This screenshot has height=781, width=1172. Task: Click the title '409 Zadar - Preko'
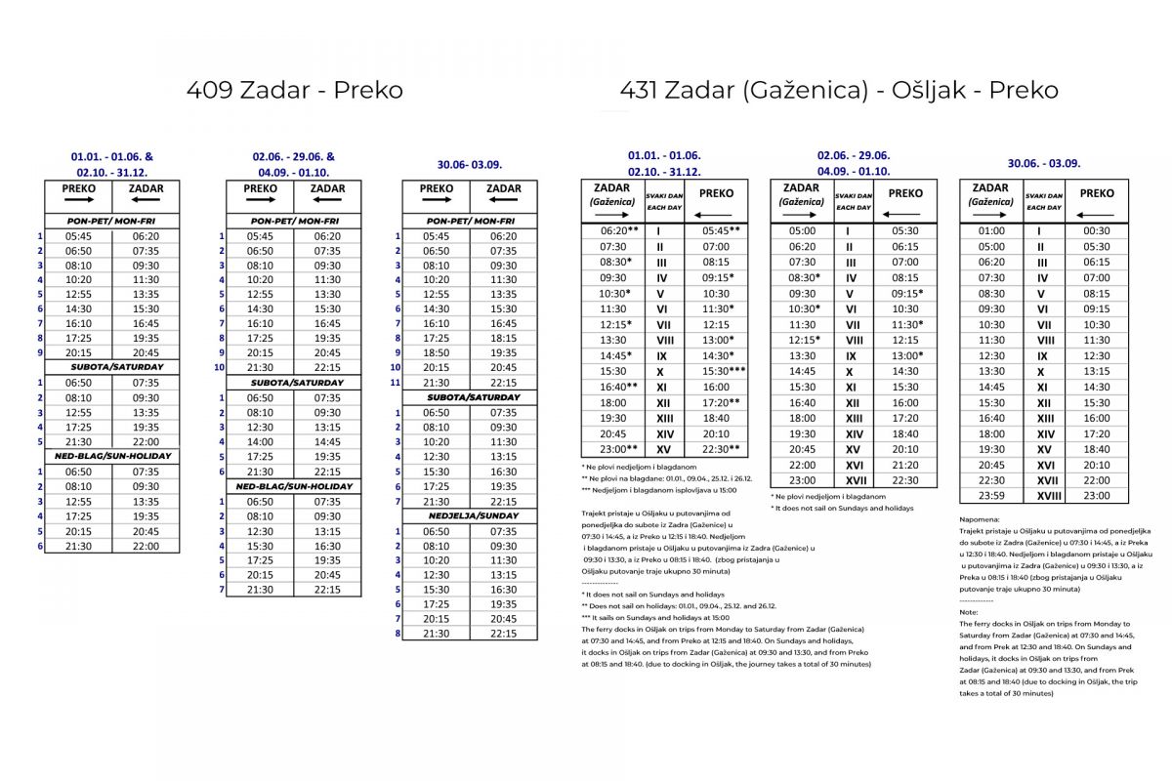tap(295, 90)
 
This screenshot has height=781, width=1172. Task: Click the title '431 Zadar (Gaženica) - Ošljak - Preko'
tap(839, 90)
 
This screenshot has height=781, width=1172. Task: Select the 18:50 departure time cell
tap(436, 352)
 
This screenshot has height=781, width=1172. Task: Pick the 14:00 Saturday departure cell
tap(260, 441)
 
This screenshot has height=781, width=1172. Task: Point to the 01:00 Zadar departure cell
tap(990, 231)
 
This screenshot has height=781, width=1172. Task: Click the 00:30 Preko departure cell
tap(1096, 231)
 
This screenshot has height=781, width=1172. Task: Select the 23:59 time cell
tap(990, 496)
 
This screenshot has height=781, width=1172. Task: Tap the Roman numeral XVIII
tap(1043, 496)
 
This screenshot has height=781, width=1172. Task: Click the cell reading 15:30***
tap(722, 372)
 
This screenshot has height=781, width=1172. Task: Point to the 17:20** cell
tap(722, 402)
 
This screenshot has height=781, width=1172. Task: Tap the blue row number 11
tap(397, 383)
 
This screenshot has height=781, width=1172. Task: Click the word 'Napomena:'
tap(981, 520)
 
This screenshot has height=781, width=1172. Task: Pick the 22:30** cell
tap(722, 449)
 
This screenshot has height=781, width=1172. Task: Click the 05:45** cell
tap(722, 231)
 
